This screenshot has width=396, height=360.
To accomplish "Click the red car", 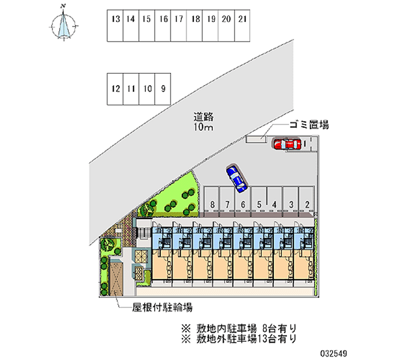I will (287, 144).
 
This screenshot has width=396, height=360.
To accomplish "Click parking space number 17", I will (179, 26).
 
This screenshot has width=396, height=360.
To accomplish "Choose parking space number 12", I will (116, 89).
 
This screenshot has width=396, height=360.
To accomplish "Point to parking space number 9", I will (163, 89).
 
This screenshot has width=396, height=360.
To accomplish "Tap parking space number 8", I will (211, 204).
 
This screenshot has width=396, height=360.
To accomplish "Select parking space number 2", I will (307, 204).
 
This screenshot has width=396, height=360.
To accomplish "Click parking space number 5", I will (259, 204).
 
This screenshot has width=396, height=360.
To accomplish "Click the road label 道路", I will (203, 117).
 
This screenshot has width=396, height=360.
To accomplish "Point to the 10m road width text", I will (203, 128).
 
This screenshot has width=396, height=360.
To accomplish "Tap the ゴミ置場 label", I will (309, 125).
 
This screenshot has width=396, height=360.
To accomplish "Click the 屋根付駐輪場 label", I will (162, 307).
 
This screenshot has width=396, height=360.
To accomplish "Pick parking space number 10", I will (147, 89).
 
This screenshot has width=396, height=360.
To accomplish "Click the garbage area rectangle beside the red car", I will (256, 140).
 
